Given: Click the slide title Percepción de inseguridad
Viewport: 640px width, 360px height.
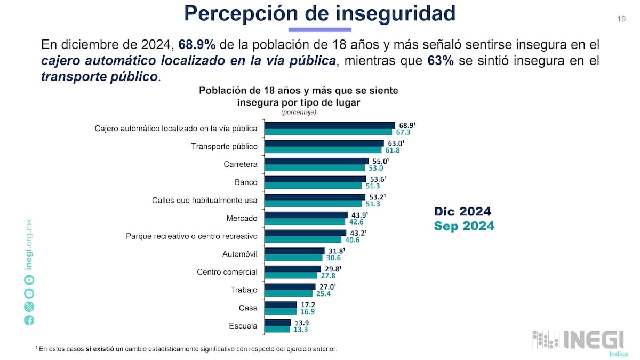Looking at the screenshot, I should coord(319,13).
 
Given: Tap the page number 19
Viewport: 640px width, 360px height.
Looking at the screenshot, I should coord(621,19).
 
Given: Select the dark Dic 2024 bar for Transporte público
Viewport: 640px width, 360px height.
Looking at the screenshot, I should coord(324,143).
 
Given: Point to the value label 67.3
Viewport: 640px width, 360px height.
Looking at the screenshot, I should coord(403,132).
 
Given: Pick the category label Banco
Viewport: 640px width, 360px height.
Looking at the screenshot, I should coord(246,182).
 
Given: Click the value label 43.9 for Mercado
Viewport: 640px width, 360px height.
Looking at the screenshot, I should coord(359,215).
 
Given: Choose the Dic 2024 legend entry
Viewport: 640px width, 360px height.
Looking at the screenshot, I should coord(462,211).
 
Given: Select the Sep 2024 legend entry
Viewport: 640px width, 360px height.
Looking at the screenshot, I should coord(464,226).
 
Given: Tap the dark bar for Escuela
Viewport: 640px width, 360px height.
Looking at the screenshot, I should coord(278,323).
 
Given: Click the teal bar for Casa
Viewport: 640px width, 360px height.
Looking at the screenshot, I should coord(281,311).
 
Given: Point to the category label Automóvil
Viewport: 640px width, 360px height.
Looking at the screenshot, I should coord(239,254).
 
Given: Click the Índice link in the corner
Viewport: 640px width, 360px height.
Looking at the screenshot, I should coord(618,354).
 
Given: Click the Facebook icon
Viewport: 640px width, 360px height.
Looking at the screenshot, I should coord(29,320).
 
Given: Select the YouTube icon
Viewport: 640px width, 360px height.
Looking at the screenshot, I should coord(29,280).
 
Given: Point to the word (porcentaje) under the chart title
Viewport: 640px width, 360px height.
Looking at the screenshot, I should coord(299,112).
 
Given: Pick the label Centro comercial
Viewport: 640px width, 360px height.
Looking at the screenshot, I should coord(227,272).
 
